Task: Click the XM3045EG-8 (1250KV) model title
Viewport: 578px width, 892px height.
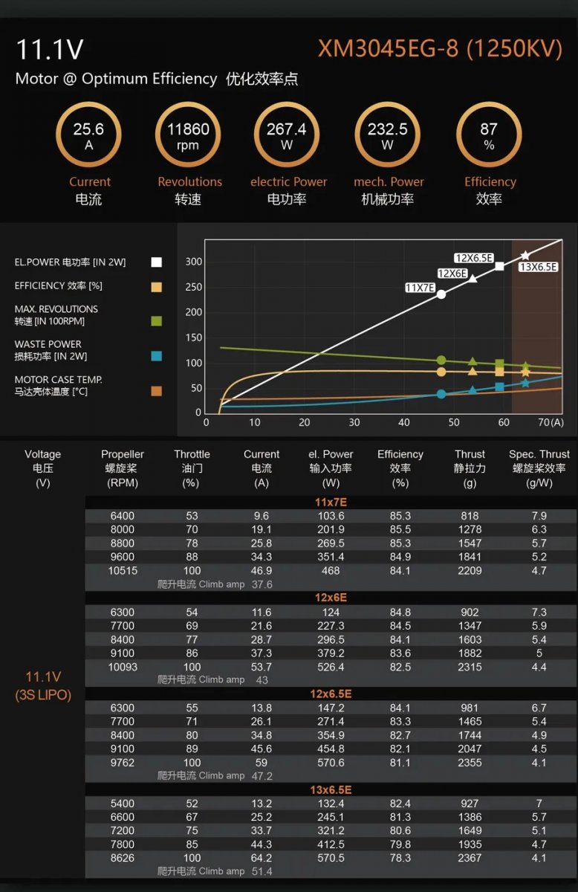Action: tap(440, 49)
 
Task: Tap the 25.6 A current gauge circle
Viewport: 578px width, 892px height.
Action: tap(88, 135)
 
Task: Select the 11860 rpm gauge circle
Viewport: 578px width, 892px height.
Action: tap(188, 135)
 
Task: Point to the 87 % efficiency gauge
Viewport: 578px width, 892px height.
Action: tap(489, 135)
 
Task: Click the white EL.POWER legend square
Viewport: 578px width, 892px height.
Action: tap(156, 262)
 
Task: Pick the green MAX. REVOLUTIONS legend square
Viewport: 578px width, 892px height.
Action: tap(156, 320)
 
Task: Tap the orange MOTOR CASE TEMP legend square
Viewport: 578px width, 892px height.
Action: tap(156, 391)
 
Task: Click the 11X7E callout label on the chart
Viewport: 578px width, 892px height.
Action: tap(420, 288)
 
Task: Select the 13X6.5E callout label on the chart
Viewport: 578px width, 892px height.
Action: tap(538, 267)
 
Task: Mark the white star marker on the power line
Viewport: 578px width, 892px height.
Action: tap(525, 256)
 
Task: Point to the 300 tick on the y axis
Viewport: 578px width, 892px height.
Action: tap(193, 262)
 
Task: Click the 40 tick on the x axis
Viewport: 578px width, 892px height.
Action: tap(403, 422)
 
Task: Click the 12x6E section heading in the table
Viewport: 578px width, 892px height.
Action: tap(330, 598)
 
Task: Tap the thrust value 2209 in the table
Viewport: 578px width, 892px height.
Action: tap(470, 571)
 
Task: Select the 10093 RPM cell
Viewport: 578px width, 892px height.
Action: tap(123, 667)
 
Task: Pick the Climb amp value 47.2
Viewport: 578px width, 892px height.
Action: tap(262, 776)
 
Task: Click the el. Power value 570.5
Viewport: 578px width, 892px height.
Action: tap(331, 858)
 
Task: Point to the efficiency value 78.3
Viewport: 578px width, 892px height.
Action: tap(400, 858)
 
